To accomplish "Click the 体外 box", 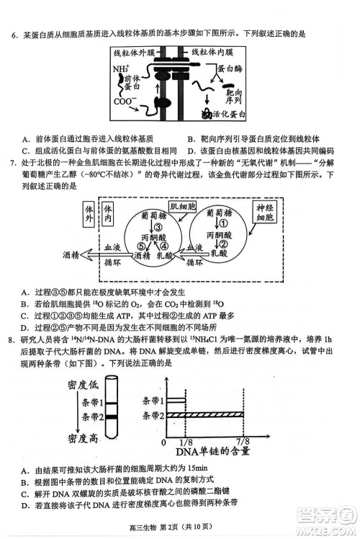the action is point(88,213).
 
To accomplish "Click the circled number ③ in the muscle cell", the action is point(158,226).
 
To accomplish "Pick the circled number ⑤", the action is point(142,246).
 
